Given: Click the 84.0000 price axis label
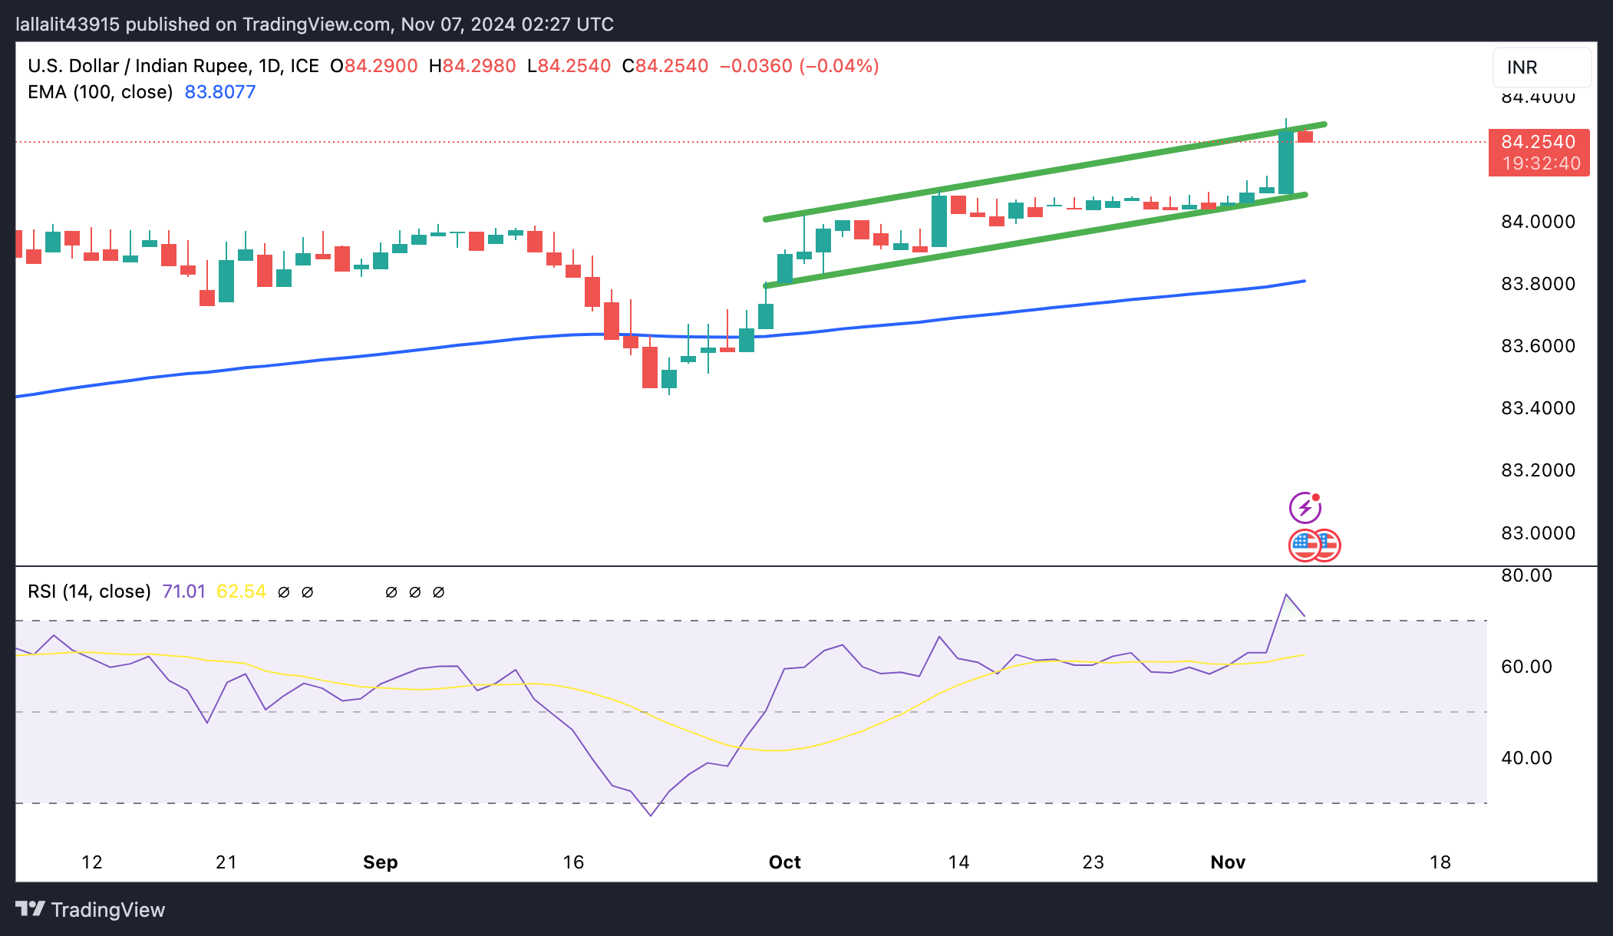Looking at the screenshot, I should pos(1537,222).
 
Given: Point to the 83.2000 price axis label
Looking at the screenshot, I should pos(1537,470).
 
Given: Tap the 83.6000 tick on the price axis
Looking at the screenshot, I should pos(1537,346).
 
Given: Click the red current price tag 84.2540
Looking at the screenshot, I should pos(1538,143).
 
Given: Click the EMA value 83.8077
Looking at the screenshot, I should pos(220,92).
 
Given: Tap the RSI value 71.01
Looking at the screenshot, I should pos(184,592).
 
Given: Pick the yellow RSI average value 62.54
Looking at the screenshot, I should pos(241,592).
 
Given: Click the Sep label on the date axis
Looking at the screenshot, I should pos(380,862).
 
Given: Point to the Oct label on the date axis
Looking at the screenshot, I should pos(784,862).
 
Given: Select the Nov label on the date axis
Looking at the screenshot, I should pos(1228,862).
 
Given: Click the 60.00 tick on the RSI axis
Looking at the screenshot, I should pos(1526,667).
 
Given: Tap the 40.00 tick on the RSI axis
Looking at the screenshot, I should pos(1526,758).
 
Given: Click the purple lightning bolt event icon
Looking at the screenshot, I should pos(1305,508).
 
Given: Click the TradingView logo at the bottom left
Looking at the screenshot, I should pos(91,910).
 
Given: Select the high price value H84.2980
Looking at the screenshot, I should pos(472,66).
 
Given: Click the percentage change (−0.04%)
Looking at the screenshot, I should pos(839,66).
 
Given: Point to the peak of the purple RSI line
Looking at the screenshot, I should pos(1285,595).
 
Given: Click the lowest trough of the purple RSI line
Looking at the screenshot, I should pos(651,816).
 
